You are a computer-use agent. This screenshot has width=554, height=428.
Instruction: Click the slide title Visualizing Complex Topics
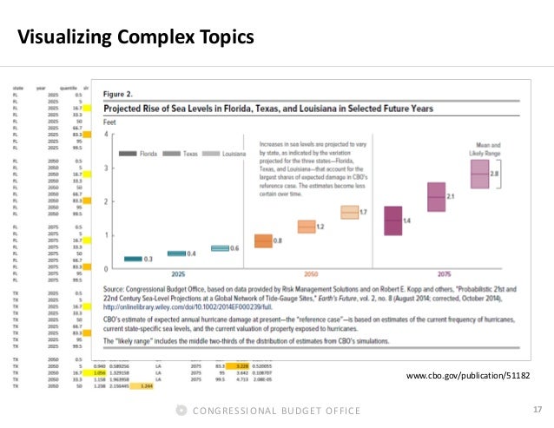pyautogui.click(x=136, y=37)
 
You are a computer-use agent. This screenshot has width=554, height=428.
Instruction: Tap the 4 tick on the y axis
pyautogui.click(x=105, y=135)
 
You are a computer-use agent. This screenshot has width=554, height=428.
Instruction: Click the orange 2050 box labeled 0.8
pyautogui.click(x=263, y=240)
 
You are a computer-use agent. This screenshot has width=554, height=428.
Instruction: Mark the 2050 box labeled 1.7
pyautogui.click(x=349, y=212)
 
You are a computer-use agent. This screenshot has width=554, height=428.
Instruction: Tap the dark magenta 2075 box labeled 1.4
pyautogui.click(x=392, y=221)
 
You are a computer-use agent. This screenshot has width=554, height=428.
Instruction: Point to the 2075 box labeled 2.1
pyautogui.click(x=436, y=197)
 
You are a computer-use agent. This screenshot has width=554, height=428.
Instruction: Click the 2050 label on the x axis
pyautogui.click(x=310, y=273)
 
